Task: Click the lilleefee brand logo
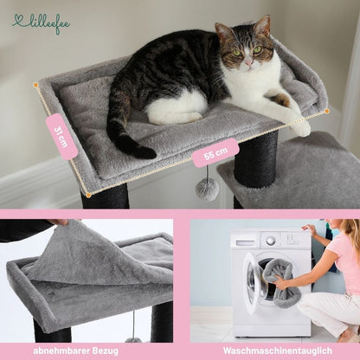coord(42,24)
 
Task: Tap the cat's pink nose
coord(247,62)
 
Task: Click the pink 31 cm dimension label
coord(61,137)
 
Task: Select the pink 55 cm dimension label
coord(215,153)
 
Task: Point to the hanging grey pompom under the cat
coord(207,190)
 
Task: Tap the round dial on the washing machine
coord(271,241)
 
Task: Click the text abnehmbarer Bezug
coord(75,351)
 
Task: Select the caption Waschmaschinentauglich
coord(278,351)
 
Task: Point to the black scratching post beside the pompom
coord(256,159)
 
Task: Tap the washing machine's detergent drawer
coord(245,243)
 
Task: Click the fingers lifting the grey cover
coord(62,222)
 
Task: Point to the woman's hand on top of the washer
coord(310,229)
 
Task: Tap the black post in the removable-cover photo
coord(162,322)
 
